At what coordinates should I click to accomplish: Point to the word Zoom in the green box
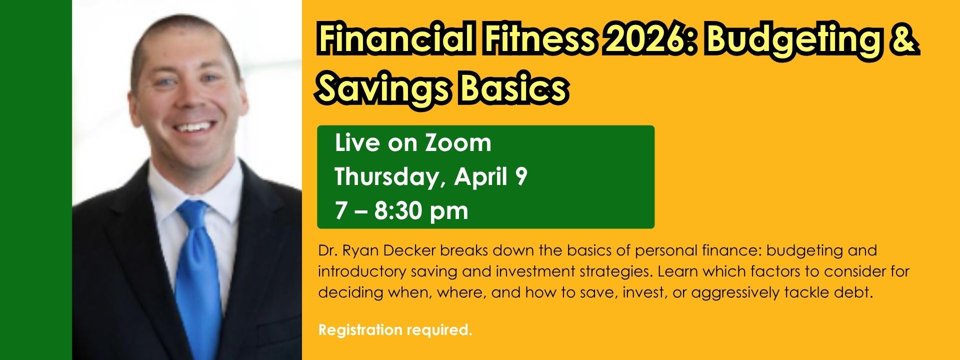458,143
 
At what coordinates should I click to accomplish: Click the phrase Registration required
395,330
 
